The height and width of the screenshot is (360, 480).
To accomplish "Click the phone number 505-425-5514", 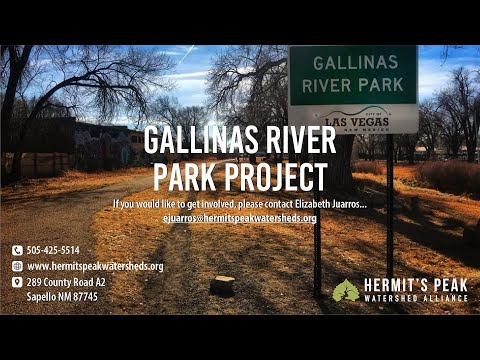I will tap(53, 250).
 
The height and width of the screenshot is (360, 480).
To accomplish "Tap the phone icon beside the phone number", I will tap(17, 250).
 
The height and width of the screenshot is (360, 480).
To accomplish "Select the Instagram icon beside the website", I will tap(17, 266).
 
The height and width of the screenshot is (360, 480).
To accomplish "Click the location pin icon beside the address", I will tap(17, 283).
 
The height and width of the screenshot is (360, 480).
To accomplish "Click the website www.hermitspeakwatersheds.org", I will tap(95, 266).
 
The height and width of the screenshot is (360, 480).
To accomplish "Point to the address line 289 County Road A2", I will tap(66, 283).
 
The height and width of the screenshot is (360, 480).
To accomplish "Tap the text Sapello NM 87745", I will tap(62, 297).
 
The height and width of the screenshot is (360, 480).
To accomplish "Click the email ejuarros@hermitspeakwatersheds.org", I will tap(239, 217).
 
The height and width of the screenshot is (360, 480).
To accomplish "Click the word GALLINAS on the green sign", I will tap(352, 63).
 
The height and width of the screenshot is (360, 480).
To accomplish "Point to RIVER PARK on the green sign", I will tap(352, 85).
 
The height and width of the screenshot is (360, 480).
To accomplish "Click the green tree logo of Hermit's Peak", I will tap(346, 290).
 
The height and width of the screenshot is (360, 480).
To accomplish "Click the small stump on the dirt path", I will tap(223, 285).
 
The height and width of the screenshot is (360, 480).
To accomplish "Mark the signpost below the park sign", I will tap(389, 200).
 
